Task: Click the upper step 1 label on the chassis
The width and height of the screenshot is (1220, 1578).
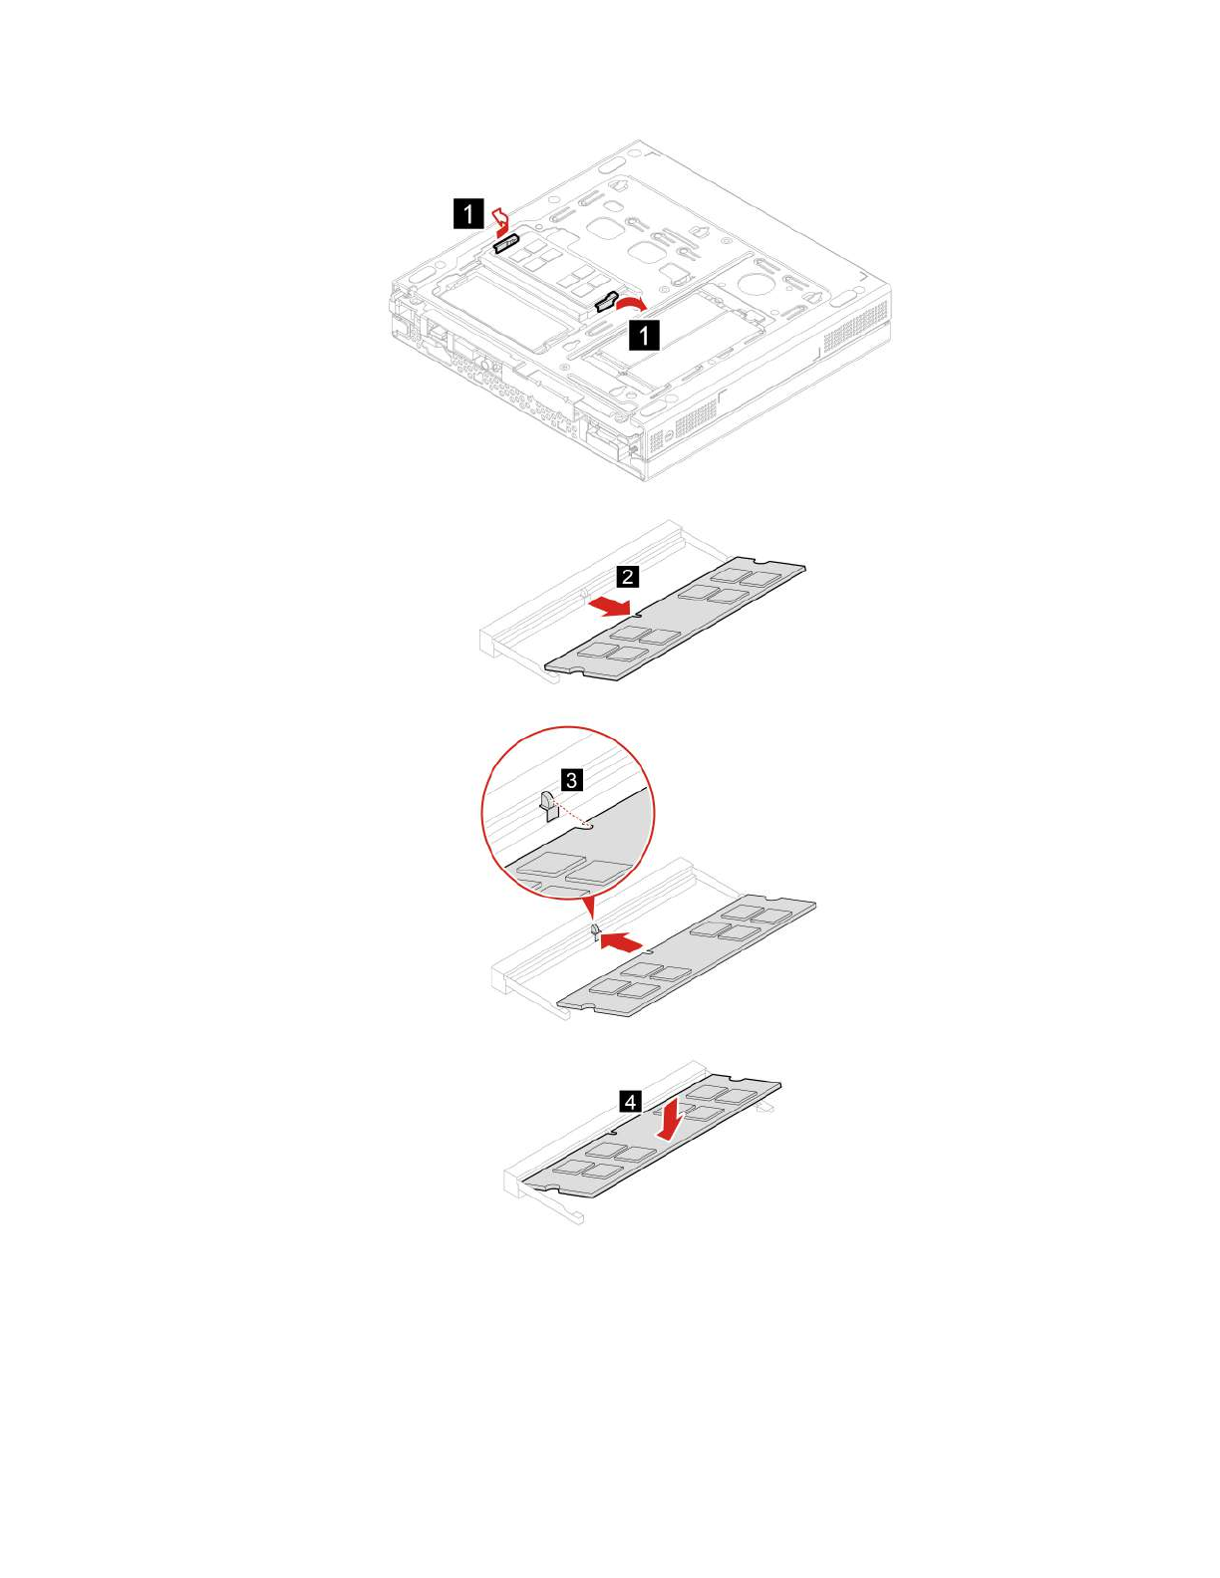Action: (467, 214)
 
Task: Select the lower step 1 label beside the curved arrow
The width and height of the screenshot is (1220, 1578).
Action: (644, 335)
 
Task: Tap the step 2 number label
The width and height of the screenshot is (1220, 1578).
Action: (627, 577)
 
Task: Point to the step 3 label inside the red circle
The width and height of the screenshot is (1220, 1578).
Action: (571, 780)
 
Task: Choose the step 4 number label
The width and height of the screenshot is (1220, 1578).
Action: (630, 1102)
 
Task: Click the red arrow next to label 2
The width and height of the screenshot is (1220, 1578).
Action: (609, 605)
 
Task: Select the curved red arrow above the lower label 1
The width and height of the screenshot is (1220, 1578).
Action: (632, 300)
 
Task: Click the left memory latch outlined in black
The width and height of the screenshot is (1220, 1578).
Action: (506, 244)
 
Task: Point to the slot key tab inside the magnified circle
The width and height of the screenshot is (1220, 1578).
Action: (547, 803)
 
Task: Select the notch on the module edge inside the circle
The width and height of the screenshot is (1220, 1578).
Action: (588, 825)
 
